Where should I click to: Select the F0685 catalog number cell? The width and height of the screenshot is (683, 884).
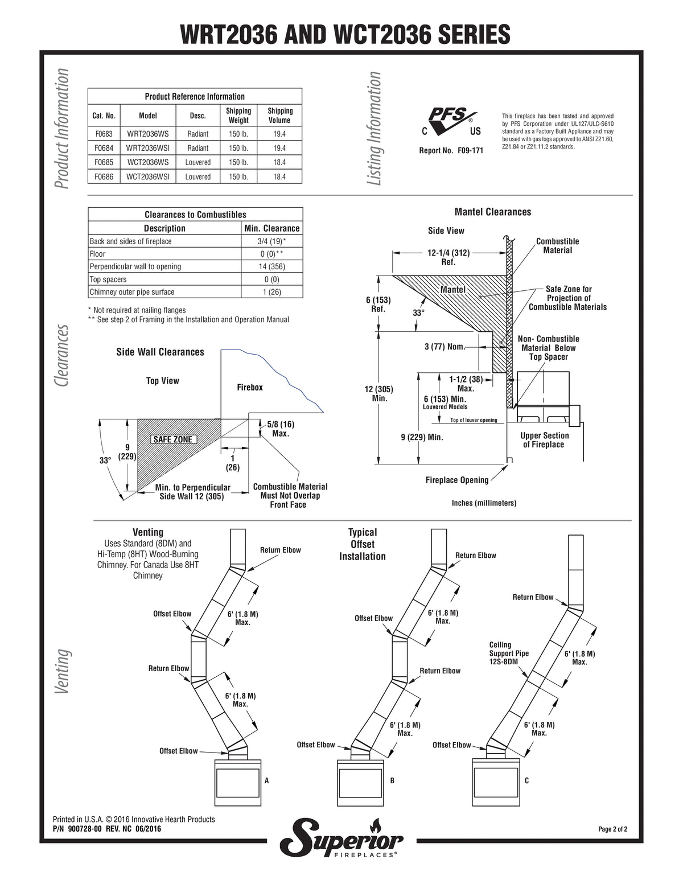point(104,162)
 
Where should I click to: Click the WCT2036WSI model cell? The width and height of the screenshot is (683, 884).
point(147,176)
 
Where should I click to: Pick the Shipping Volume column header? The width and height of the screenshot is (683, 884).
point(280,116)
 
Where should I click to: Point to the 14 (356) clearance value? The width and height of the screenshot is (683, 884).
point(271,266)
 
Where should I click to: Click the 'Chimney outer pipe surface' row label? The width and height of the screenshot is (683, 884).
point(132,291)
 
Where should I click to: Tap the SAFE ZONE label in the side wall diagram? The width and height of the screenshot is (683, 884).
point(172,439)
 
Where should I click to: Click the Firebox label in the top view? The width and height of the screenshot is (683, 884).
point(250,387)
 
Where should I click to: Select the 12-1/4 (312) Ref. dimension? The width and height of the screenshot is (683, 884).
point(449,257)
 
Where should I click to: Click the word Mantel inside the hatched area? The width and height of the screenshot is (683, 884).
point(452,290)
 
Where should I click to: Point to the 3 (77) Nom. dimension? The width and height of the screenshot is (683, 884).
point(445,347)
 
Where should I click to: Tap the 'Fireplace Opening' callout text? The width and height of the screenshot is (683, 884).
point(457,480)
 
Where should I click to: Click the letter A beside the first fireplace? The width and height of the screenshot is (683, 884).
point(267,780)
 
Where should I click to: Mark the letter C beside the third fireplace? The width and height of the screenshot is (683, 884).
point(527,780)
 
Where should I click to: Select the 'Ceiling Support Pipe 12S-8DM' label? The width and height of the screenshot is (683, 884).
point(509,653)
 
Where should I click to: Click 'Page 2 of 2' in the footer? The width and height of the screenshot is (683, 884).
point(612,829)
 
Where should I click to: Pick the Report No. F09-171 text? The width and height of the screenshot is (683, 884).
point(451,150)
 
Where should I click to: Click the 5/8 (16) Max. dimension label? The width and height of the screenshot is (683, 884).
point(280,429)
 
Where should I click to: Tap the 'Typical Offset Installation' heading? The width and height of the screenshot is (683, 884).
point(363,544)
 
